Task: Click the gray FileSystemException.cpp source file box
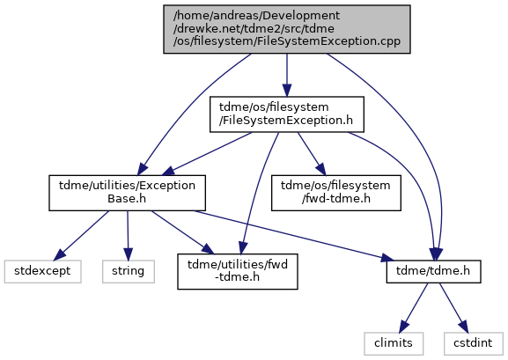click(287, 29)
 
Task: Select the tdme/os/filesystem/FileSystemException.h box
click(287, 114)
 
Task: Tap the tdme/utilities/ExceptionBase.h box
click(127, 193)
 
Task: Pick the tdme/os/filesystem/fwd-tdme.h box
click(336, 193)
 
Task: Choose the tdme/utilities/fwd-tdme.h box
click(238, 271)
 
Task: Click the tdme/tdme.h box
click(433, 271)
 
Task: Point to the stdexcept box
click(42, 271)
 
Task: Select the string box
click(129, 271)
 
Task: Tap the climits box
click(394, 343)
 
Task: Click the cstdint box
click(473, 343)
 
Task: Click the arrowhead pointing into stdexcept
click(60, 254)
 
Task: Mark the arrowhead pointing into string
click(128, 254)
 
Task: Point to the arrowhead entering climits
click(404, 327)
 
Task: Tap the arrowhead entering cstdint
click(464, 327)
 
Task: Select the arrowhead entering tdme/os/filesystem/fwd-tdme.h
click(320, 169)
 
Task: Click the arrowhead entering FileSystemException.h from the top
click(287, 91)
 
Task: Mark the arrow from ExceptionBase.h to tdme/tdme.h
click(293, 236)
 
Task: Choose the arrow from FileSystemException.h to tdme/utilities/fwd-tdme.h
click(255, 192)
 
